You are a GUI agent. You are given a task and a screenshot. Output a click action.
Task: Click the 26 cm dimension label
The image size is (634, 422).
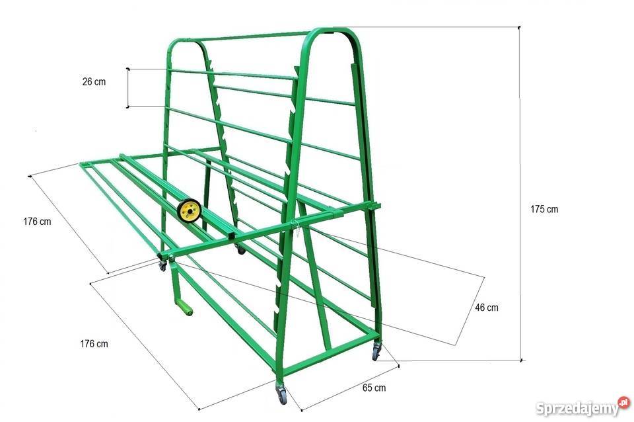(94, 82)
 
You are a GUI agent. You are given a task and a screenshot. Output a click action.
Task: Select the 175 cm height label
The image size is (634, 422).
(544, 210)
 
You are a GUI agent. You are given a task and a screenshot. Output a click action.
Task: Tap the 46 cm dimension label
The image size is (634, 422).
(487, 308)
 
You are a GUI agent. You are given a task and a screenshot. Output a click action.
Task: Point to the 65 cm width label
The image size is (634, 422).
(374, 388)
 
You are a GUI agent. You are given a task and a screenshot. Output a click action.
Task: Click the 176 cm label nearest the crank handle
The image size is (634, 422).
(94, 344)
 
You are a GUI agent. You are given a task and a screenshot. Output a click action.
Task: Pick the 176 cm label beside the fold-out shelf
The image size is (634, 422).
(37, 222)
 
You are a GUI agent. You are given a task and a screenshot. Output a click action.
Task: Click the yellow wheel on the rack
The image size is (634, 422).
(190, 210)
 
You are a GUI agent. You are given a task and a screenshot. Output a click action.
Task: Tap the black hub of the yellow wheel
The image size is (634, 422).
(190, 210)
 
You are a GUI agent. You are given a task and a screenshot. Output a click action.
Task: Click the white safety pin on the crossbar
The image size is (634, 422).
(297, 230)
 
